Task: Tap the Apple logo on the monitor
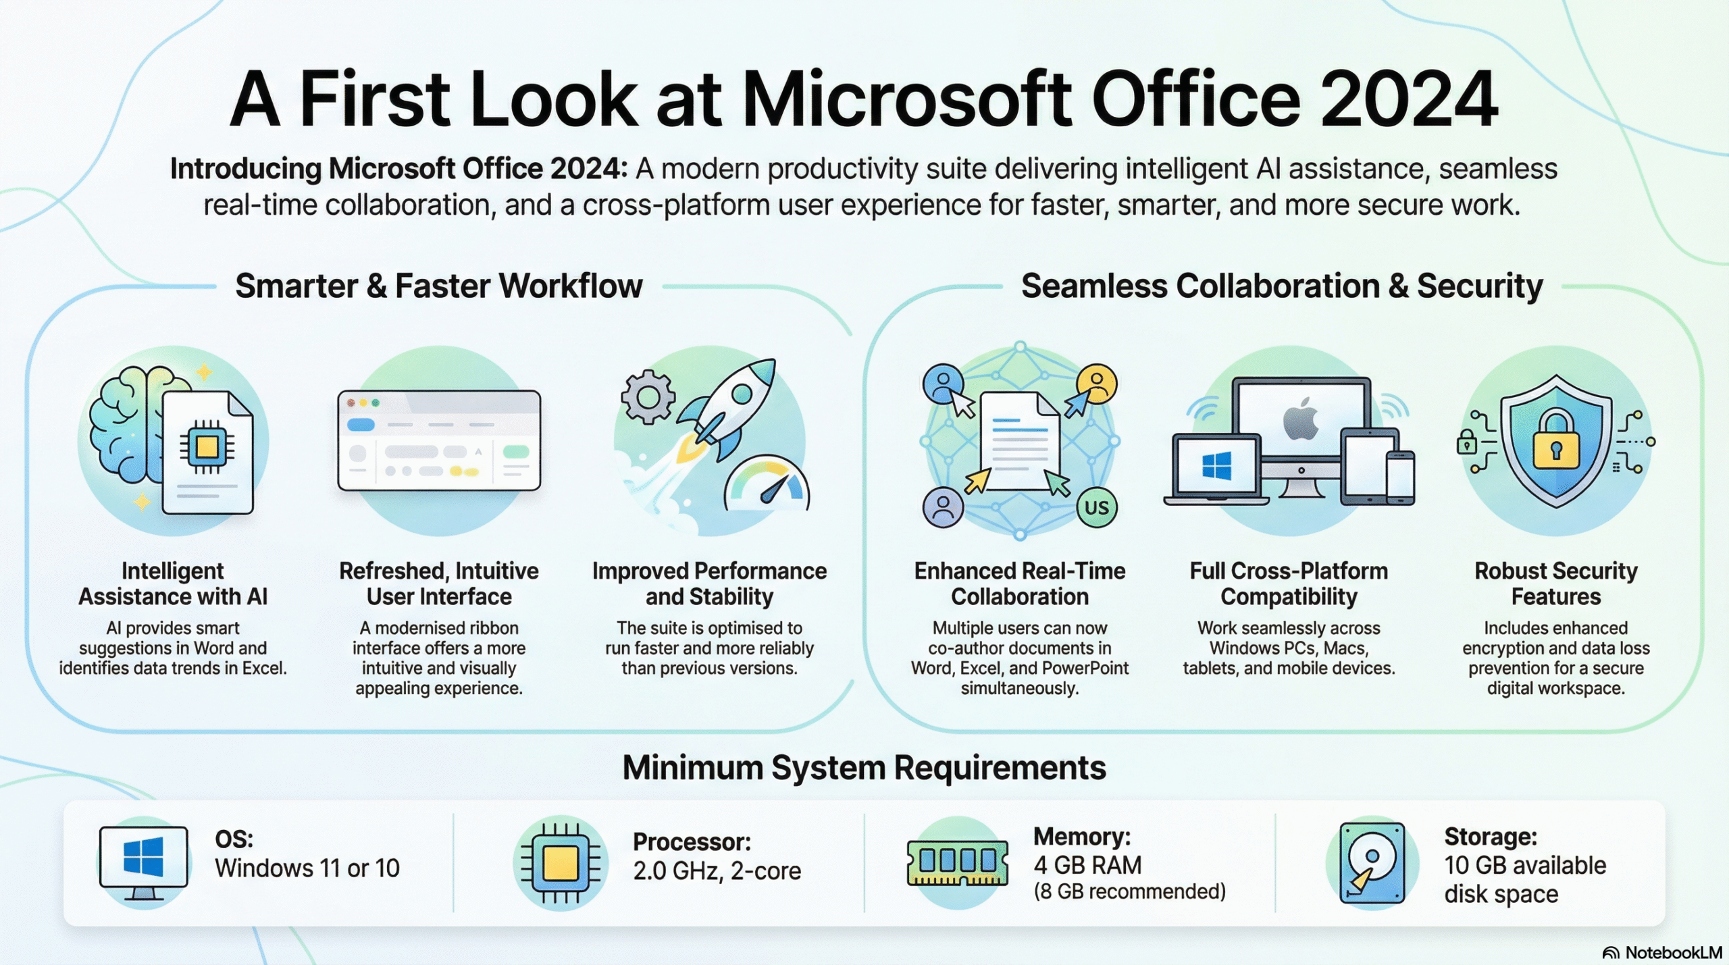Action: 1301,419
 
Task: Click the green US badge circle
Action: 1097,507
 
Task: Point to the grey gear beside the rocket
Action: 648,397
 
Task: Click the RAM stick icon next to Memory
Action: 957,862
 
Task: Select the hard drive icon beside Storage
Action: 1372,863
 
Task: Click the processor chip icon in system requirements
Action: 561,863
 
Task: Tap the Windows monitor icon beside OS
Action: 143,861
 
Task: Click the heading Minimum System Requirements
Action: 864,768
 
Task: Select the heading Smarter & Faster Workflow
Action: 438,286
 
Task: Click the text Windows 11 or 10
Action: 307,868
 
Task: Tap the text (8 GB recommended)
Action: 1129,891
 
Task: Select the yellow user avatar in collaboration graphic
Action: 1097,384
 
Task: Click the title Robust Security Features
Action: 1555,583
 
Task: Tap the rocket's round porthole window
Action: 741,393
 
